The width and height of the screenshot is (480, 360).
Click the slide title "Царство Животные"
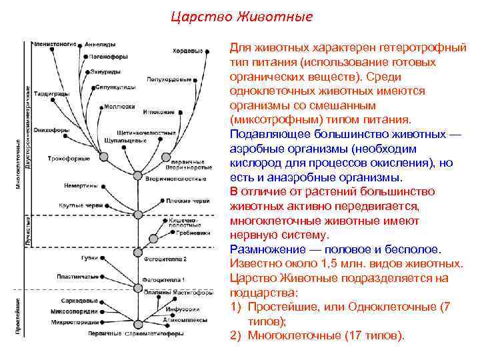tap(240, 15)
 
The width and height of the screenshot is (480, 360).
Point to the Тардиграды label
tap(53, 94)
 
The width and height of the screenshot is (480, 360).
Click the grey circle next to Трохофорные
tap(103, 157)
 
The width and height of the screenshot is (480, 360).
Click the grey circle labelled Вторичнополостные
tap(138, 175)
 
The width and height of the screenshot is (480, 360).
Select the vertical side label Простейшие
tap(18, 316)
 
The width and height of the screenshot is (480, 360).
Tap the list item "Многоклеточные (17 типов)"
tap(326, 335)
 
